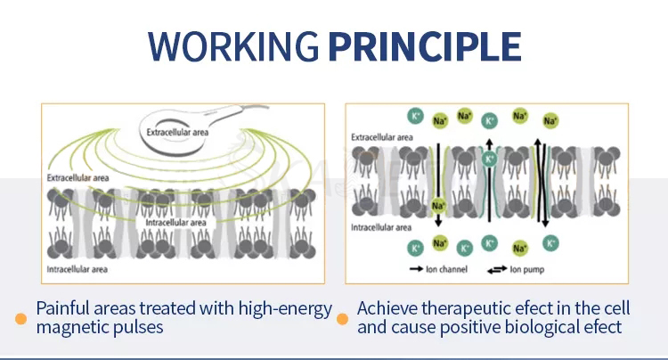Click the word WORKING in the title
click(233, 46)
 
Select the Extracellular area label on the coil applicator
click(179, 133)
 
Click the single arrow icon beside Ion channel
click(416, 270)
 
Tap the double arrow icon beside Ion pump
click(496, 270)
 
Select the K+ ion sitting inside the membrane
click(488, 160)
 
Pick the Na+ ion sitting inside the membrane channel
click(438, 206)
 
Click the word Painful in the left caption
click(65, 309)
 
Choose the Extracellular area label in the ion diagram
click(382, 138)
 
